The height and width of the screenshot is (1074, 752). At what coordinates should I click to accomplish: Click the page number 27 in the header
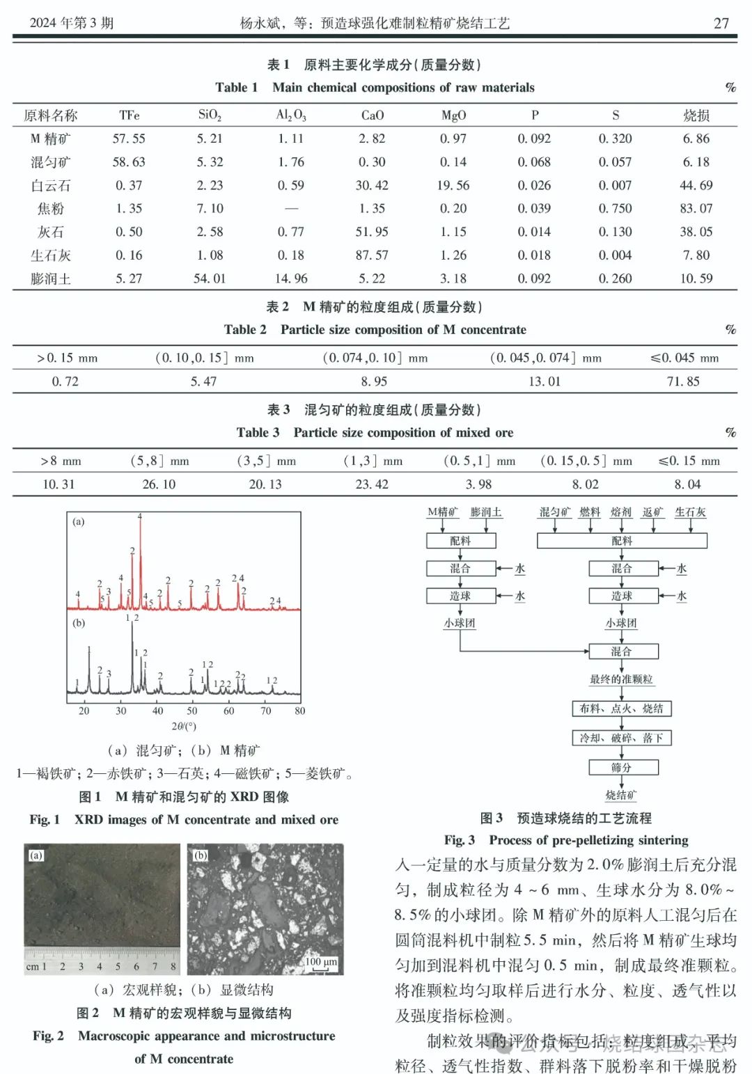point(721,23)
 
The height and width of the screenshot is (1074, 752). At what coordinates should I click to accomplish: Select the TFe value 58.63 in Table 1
point(129,162)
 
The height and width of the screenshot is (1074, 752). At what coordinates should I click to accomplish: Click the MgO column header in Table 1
point(453,116)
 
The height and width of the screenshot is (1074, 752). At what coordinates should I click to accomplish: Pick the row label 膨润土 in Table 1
point(51,279)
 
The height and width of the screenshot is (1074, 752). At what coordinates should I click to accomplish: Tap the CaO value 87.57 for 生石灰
point(372,255)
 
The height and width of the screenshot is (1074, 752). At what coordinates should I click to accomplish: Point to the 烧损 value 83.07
point(696,209)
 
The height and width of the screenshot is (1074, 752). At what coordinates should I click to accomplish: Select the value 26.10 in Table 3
point(159,484)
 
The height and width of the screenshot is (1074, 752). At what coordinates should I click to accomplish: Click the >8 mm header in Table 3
point(61,461)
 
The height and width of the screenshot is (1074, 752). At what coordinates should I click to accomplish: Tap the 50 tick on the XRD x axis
point(192,711)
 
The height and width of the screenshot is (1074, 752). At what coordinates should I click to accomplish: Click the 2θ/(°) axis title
point(184,726)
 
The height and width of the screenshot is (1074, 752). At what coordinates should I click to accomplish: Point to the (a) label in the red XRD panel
point(79,521)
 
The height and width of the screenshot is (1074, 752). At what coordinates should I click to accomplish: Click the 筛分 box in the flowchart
point(621,767)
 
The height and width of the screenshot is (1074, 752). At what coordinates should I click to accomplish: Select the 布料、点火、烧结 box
point(621,709)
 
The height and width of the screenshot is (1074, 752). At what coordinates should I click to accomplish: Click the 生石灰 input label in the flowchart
point(690,512)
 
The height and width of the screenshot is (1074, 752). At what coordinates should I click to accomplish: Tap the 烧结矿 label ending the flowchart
point(620,795)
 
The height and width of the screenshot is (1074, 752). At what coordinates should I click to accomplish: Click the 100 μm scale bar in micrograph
point(321,962)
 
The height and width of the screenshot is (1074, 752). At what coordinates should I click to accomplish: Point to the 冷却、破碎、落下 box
point(621,738)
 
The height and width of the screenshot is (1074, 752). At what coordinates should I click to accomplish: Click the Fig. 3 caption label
point(460,840)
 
